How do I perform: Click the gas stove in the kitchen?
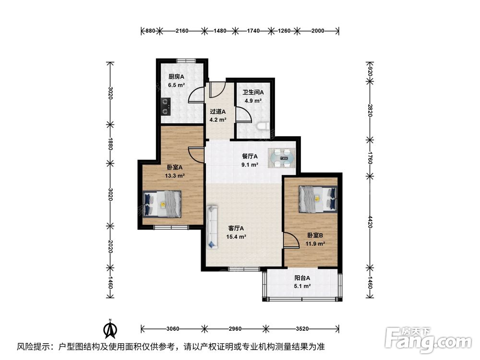pos(166,106)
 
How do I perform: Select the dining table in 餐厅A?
pos(282,158)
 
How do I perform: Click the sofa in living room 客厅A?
pos(212,227)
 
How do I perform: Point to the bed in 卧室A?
pos(162,204)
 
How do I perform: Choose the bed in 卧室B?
pos(318,199)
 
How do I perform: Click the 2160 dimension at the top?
pos(182,31)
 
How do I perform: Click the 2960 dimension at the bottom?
pos(235,329)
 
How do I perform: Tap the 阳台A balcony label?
pos(302,278)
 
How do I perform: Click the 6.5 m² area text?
pos(176,85)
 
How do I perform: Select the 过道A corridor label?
pos(217,112)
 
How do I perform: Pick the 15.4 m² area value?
pos(236,237)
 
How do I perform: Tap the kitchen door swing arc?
pos(196,95)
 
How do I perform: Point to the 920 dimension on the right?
pos(370,71)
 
